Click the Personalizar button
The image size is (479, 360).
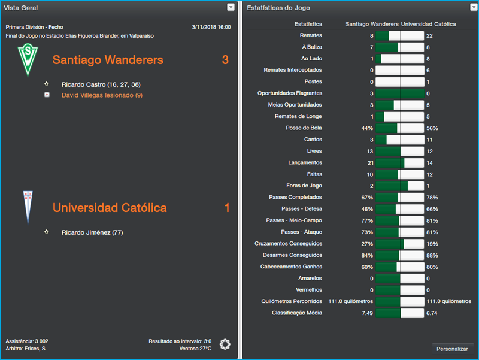click(453, 349)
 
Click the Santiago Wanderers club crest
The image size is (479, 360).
click(26, 60)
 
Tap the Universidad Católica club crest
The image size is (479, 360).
click(26, 207)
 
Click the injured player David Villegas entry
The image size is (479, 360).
click(102, 95)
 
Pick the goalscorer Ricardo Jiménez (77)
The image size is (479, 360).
click(92, 232)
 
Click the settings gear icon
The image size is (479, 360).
click(225, 344)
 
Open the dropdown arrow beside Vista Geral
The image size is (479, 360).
click(231, 7)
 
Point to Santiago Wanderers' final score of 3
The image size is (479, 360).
click(225, 60)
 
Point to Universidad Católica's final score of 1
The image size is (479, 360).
click(227, 208)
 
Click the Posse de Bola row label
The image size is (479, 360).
click(304, 128)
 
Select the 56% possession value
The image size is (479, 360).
click(432, 128)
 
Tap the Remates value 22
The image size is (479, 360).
click(429, 36)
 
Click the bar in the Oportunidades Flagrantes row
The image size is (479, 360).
click(399, 93)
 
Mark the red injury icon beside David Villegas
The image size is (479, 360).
click(47, 95)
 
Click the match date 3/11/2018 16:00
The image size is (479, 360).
click(211, 27)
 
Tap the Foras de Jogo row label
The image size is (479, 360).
click(304, 186)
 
